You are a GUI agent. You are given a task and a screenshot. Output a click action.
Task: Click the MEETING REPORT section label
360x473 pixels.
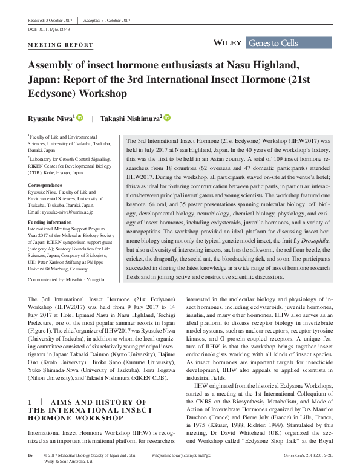[x=61, y=46]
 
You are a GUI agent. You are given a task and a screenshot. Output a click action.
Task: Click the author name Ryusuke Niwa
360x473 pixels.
[x=50, y=118]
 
